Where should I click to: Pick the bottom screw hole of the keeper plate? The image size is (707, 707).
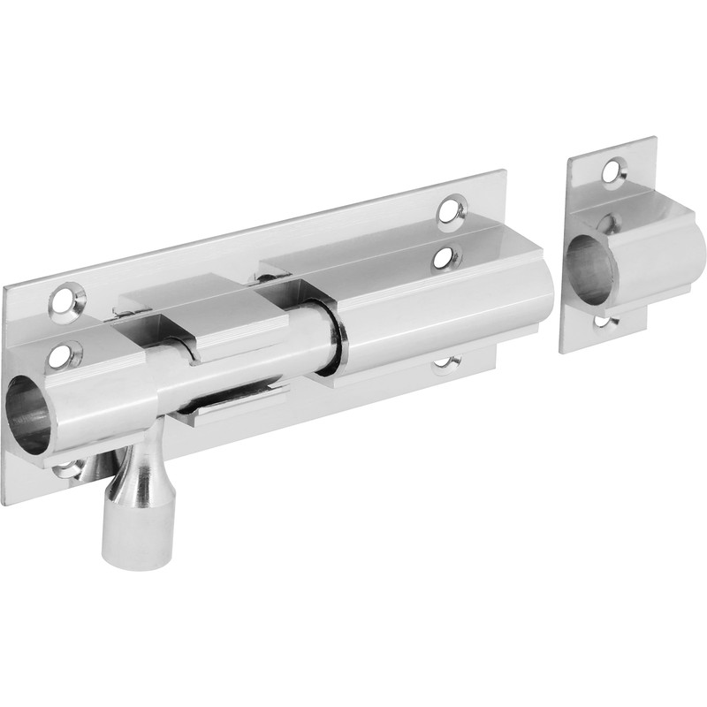click(603, 321)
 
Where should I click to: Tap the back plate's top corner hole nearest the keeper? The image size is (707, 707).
click(451, 210)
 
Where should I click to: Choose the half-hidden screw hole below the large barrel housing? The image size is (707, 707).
click(447, 363)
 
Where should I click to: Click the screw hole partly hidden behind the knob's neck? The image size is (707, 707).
click(71, 466)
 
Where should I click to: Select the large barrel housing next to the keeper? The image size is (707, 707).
click(442, 309)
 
